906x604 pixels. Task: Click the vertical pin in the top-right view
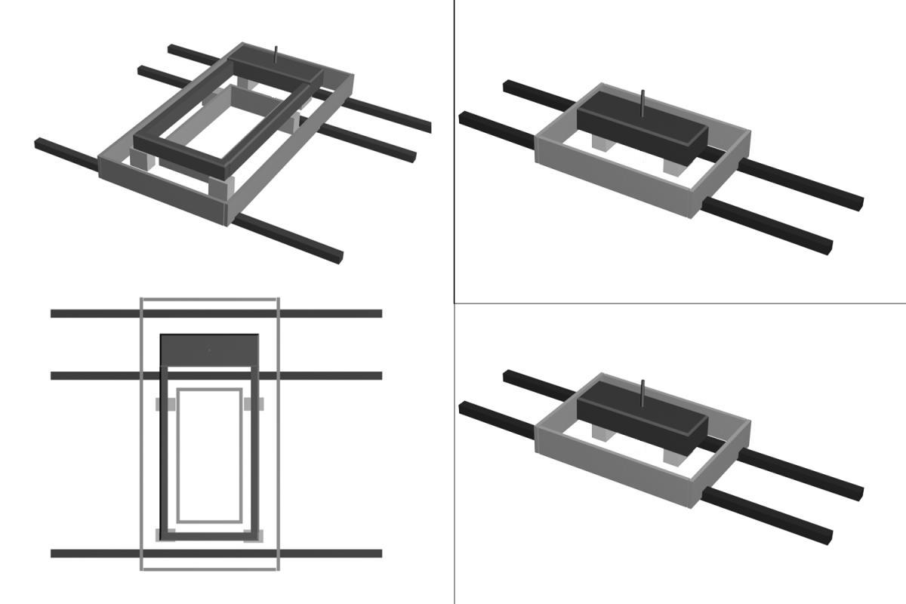[x=643, y=101]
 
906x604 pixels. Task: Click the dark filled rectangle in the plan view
[x=210, y=350]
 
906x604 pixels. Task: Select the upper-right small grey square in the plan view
[x=254, y=404]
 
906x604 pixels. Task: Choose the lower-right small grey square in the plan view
[x=254, y=535]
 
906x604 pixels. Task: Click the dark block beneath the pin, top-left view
[x=276, y=66]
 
